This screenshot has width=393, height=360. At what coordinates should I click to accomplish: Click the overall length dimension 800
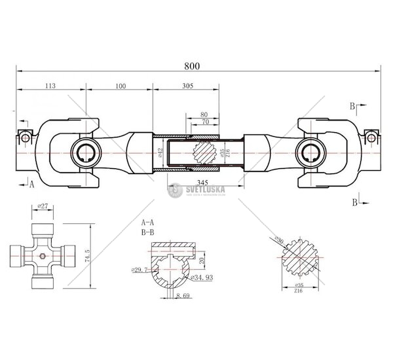pyautogui.click(x=191, y=65)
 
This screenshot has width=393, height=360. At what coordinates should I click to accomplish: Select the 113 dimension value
pyautogui.click(x=50, y=84)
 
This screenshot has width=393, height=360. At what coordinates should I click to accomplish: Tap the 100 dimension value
pyautogui.click(x=119, y=84)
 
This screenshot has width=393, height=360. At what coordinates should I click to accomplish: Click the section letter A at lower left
pyautogui.click(x=31, y=185)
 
